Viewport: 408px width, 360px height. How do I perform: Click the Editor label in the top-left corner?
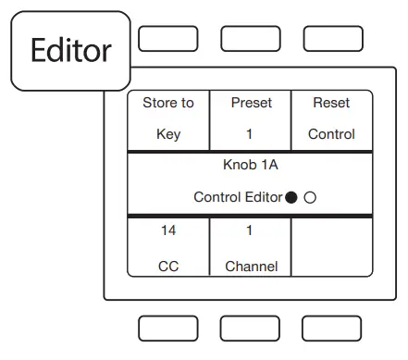click(70, 50)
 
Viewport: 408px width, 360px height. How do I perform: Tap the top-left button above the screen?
click(167, 38)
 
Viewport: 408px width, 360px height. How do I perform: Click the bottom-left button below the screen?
click(167, 328)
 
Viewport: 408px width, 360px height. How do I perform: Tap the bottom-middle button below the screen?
click(250, 328)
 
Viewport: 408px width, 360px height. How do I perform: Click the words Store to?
click(168, 103)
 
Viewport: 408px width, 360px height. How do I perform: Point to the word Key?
click(168, 134)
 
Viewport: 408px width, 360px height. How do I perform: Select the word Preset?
click(250, 103)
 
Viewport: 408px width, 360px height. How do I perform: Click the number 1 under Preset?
click(250, 134)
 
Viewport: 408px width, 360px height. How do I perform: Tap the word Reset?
click(331, 103)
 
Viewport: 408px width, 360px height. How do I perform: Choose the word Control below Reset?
click(331, 134)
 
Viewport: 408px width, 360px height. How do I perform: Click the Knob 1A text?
click(250, 166)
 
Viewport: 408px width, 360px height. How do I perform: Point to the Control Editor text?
click(238, 197)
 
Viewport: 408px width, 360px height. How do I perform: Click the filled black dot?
click(292, 197)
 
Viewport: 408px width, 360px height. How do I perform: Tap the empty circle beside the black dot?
click(311, 197)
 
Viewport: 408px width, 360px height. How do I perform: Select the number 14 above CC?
click(168, 230)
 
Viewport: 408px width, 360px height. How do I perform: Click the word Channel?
click(251, 267)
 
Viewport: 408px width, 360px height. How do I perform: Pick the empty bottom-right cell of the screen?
click(332, 247)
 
